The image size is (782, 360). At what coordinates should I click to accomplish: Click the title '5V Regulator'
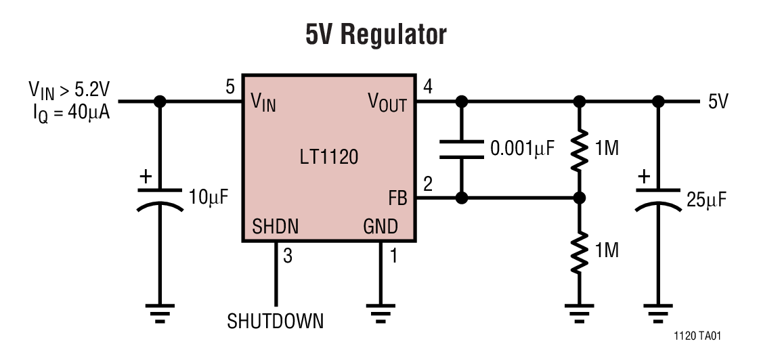click(376, 35)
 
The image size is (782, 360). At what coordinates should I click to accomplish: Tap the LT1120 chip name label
click(328, 158)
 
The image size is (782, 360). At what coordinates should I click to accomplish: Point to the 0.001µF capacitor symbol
click(462, 149)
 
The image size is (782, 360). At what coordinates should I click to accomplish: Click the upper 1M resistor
click(579, 150)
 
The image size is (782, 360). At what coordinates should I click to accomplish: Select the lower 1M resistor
click(579, 251)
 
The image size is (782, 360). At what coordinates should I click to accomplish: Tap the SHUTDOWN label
click(275, 320)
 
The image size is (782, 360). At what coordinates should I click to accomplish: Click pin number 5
click(230, 87)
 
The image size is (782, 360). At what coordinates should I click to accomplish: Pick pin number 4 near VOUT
click(427, 87)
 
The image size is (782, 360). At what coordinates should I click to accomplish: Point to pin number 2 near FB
click(427, 183)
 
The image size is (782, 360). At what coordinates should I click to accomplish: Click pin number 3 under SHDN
click(288, 256)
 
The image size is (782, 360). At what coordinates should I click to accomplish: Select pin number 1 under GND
click(393, 256)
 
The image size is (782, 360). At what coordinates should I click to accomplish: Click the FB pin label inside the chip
click(397, 198)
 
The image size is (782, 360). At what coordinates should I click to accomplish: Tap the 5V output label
click(718, 102)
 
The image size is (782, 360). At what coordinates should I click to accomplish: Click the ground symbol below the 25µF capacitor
click(657, 311)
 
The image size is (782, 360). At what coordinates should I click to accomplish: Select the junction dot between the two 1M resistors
click(579, 198)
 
